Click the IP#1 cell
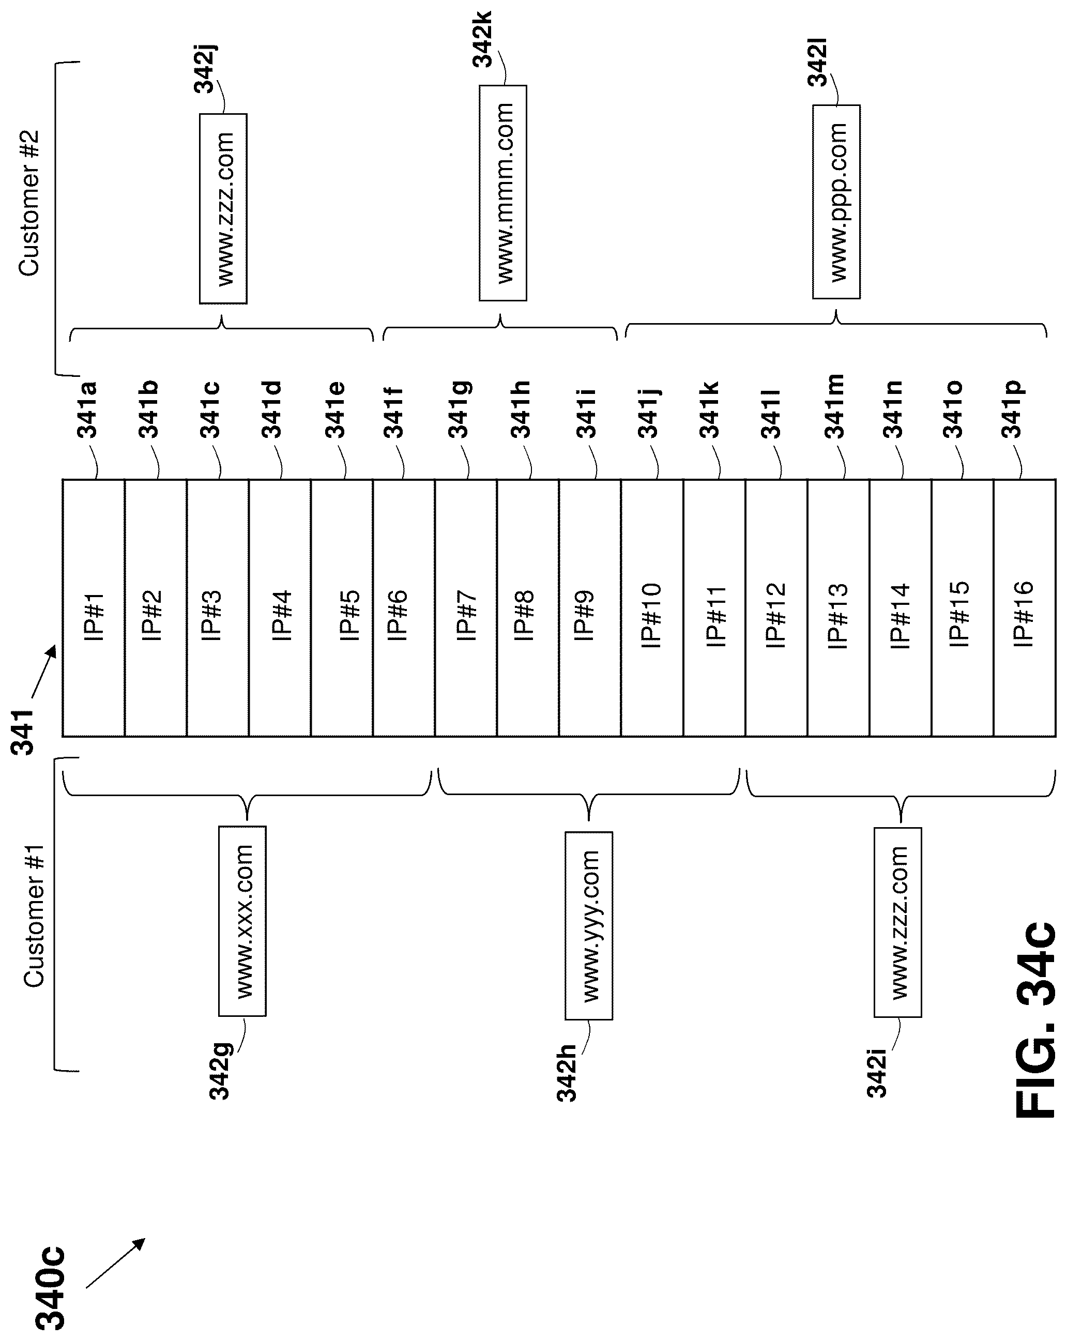point(94,607)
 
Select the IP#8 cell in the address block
point(528,607)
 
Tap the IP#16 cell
point(1024,607)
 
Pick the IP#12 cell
point(776,607)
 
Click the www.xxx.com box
point(242,921)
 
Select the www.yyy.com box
point(589,926)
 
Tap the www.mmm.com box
point(502,193)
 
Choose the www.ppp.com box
point(836,202)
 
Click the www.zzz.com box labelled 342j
point(223,208)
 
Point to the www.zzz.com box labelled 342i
point(897,922)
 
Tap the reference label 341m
point(834,407)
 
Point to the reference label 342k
point(482,39)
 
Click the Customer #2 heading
point(29,203)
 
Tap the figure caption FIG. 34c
point(1036,1020)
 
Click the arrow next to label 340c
point(115,1262)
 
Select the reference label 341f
point(394,413)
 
